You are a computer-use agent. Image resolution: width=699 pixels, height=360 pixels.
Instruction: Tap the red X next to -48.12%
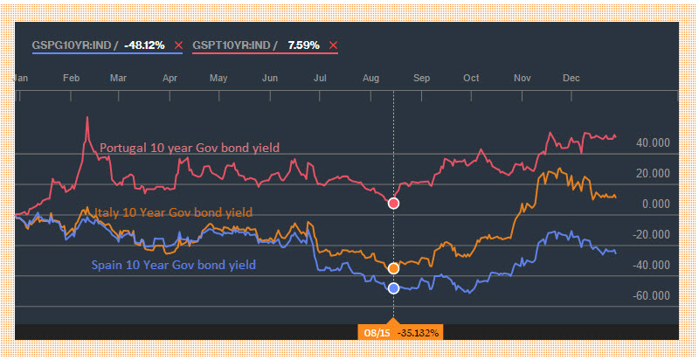click(179, 45)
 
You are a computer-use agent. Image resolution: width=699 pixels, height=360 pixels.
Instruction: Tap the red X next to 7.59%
click(333, 45)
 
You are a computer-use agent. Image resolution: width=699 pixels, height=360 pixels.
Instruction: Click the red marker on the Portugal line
click(393, 204)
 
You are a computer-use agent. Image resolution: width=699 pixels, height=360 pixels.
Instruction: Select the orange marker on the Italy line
click(393, 268)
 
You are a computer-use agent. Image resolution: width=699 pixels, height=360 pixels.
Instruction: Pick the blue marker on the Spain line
click(393, 287)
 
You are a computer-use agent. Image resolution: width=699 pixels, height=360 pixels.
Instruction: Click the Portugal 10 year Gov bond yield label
click(190, 148)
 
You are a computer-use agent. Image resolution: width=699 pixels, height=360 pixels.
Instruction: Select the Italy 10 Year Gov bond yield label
click(167, 212)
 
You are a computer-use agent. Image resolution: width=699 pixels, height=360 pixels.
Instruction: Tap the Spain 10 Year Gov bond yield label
click(174, 265)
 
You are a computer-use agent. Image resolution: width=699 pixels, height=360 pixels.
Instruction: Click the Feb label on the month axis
click(73, 78)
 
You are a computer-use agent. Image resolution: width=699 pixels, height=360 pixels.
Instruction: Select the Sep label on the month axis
click(422, 78)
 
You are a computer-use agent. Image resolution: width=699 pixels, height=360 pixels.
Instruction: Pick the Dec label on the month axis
click(571, 78)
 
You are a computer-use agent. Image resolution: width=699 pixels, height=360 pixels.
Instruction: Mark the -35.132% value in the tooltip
click(419, 332)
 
